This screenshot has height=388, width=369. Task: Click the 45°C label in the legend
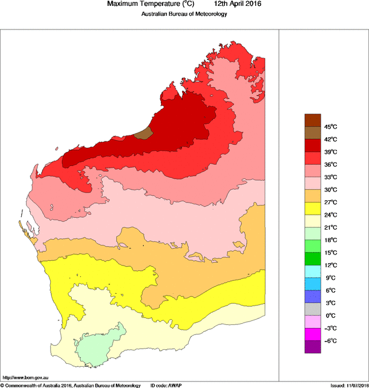click(x=330, y=127)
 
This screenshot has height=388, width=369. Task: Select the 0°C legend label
click(x=330, y=316)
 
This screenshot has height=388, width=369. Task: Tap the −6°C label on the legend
click(x=330, y=341)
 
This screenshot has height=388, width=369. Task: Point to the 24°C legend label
click(x=330, y=215)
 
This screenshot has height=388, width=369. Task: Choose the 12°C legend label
click(x=330, y=265)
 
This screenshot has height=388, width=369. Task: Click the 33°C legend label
click(x=330, y=177)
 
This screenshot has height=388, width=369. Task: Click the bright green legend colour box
click(x=312, y=258)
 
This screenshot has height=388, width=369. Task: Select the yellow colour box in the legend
click(x=312, y=208)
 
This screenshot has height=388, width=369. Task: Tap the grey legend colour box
click(x=312, y=309)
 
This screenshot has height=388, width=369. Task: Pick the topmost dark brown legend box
click(x=312, y=120)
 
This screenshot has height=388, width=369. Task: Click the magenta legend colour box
click(x=312, y=334)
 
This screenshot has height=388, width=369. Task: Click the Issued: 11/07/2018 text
click(x=349, y=384)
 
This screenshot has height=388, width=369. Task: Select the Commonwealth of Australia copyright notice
click(x=71, y=384)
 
